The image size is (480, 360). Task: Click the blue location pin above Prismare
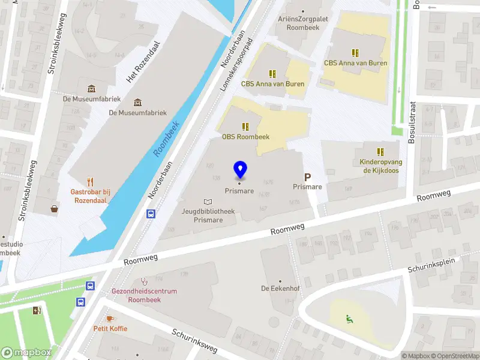point(240,169)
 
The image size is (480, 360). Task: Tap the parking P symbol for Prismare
point(307,177)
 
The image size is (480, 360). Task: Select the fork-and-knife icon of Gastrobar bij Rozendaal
point(91,181)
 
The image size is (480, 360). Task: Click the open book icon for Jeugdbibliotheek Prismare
point(208,202)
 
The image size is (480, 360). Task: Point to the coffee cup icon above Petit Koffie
point(109,319)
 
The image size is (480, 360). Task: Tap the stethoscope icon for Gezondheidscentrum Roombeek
point(143,281)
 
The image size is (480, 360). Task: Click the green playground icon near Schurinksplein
point(349,318)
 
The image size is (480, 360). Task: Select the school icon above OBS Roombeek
point(245,126)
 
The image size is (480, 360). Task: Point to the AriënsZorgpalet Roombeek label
point(303,23)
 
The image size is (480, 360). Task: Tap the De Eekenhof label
point(280,289)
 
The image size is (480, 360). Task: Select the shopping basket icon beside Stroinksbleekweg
point(55,209)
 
